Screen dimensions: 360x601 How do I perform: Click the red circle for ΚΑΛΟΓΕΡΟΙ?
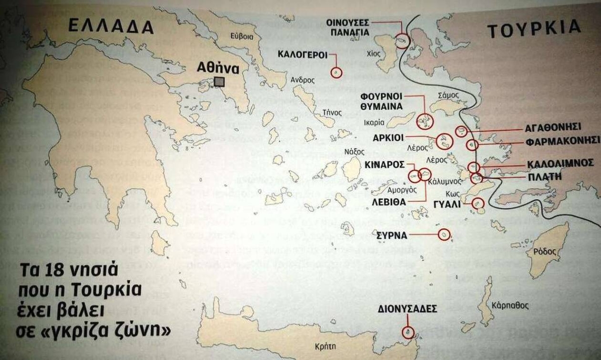point(337,73)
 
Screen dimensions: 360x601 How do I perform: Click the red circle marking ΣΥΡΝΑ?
point(443,235)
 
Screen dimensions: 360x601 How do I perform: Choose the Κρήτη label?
point(326,345)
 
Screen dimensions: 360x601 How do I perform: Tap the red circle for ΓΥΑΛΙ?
point(478,203)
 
